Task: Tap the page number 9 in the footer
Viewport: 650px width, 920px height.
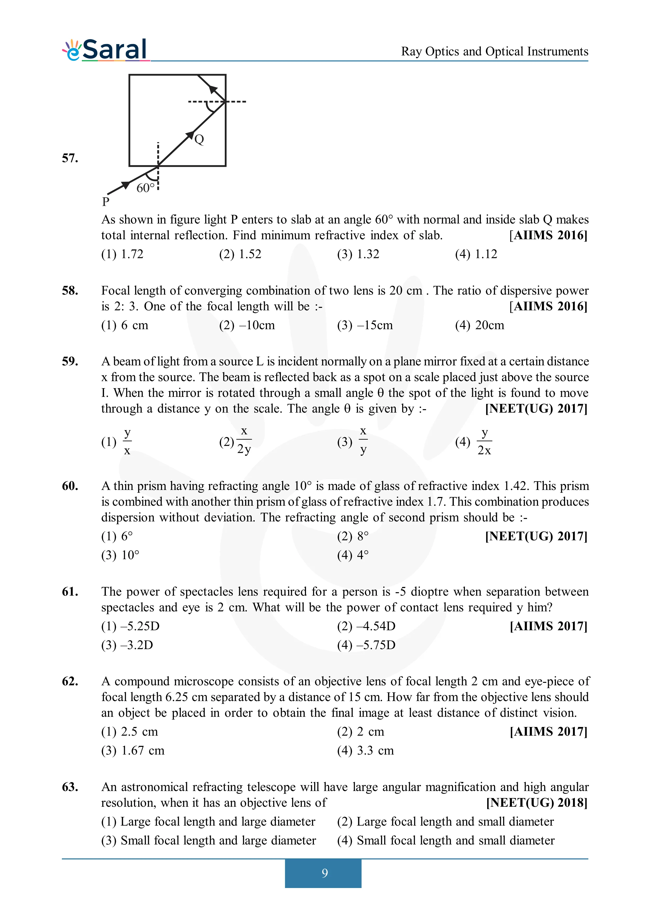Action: coord(324,873)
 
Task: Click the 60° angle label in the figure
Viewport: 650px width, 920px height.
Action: coord(145,188)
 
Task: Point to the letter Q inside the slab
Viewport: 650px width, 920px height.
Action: coord(199,140)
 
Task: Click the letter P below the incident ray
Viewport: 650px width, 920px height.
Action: coord(106,202)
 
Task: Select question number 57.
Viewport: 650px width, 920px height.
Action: coord(70,158)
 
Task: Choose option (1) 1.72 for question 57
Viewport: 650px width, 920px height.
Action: coord(122,254)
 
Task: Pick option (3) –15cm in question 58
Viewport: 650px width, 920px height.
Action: coord(365,325)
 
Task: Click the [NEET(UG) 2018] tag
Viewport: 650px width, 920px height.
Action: coord(537,803)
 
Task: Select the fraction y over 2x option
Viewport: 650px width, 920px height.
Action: coord(484,442)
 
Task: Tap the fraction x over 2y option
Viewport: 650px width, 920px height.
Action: coord(244,441)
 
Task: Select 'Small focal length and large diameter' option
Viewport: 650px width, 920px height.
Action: coord(209,840)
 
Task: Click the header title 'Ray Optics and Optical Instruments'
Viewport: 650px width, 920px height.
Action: coord(495,51)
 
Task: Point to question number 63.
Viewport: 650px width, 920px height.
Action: coord(70,787)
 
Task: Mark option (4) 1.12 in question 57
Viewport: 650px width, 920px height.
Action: coord(476,254)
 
